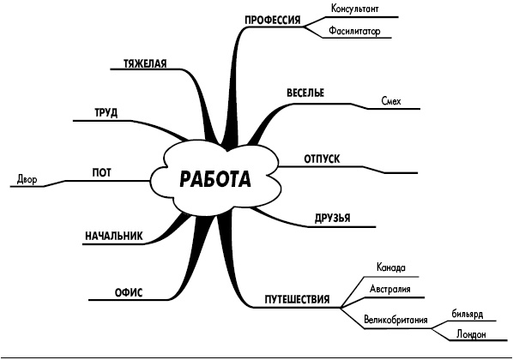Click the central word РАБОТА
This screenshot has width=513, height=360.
click(x=215, y=179)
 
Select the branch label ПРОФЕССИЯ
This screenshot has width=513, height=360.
click(x=273, y=20)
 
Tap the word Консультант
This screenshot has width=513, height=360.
click(x=354, y=9)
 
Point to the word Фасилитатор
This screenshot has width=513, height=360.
click(x=354, y=31)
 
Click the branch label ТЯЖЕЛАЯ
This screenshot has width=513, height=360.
click(x=145, y=63)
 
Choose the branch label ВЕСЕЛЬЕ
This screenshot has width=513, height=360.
click(x=305, y=93)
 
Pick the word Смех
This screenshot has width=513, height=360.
click(x=391, y=100)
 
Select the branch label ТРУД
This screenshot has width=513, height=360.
click(x=106, y=113)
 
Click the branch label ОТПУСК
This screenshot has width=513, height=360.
click(x=322, y=159)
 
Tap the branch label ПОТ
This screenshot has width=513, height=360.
click(x=102, y=172)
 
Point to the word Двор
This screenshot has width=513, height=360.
click(x=27, y=179)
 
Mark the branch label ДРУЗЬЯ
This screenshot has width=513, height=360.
click(x=332, y=218)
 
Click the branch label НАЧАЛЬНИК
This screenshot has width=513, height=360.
click(x=114, y=236)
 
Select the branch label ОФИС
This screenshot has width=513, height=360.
click(x=129, y=292)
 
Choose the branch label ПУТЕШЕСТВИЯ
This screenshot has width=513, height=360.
click(x=297, y=299)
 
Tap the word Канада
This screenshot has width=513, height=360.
click(x=391, y=267)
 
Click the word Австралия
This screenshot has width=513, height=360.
click(x=390, y=289)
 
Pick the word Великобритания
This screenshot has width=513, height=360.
click(x=395, y=319)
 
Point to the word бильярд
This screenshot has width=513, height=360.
click(x=468, y=315)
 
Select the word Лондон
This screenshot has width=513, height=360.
click(x=471, y=334)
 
